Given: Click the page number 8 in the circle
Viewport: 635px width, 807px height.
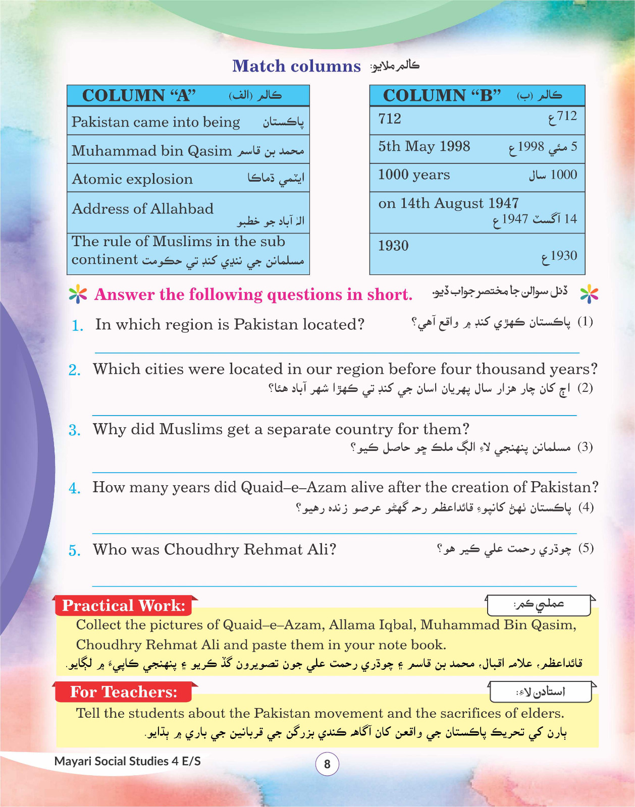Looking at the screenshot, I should (327, 764).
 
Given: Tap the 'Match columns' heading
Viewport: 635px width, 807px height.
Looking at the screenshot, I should (296, 66).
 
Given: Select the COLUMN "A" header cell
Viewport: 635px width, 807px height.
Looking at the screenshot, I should (188, 95).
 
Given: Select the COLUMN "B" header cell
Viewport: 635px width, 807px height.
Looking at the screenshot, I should (477, 95).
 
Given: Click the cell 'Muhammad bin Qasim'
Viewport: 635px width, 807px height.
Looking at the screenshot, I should (188, 150).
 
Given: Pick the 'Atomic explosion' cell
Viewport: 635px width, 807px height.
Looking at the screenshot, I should (188, 179).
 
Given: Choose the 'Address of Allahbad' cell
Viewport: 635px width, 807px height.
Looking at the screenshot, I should (188, 213).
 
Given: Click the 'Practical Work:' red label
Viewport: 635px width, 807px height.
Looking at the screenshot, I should (124, 605).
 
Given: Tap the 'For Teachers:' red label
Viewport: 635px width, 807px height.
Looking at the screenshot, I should (124, 692).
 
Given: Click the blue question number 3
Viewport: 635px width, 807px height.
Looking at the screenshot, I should (75, 430).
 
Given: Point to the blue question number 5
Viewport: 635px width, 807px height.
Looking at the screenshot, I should (75, 550).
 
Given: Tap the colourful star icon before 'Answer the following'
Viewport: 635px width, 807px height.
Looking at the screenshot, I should (78, 294).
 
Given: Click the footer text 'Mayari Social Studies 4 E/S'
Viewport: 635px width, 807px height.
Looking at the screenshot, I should (127, 761).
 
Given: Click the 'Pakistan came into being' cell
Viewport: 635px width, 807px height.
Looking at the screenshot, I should (188, 122).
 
